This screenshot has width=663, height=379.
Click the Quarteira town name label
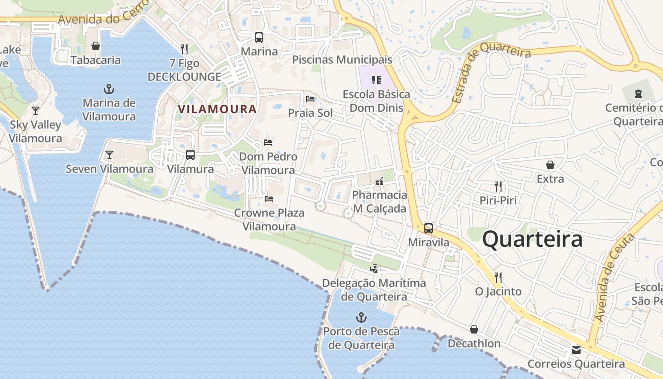(532, 239)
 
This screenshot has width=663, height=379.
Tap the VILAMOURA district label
(217, 109)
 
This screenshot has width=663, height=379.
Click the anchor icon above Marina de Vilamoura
(109, 89)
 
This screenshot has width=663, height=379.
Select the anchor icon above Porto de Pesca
(361, 317)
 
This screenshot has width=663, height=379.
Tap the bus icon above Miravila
(429, 228)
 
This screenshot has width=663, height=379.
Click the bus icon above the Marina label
(259, 37)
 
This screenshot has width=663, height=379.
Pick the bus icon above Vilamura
(190, 154)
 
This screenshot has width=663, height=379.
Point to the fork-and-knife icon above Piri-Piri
(498, 186)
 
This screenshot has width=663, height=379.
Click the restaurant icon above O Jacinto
(498, 277)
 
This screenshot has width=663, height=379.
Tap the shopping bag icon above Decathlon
(474, 329)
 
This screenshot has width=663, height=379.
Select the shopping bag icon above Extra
(550, 165)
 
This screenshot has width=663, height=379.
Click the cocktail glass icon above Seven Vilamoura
(109, 154)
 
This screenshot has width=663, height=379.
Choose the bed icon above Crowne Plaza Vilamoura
(269, 199)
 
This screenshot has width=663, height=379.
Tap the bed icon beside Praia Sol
(310, 99)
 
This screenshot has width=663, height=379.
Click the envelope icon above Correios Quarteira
(576, 350)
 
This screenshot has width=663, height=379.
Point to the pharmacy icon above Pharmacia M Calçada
(379, 181)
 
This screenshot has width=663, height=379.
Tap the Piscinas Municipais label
(342, 60)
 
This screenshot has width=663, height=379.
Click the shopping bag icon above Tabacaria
(96, 46)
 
